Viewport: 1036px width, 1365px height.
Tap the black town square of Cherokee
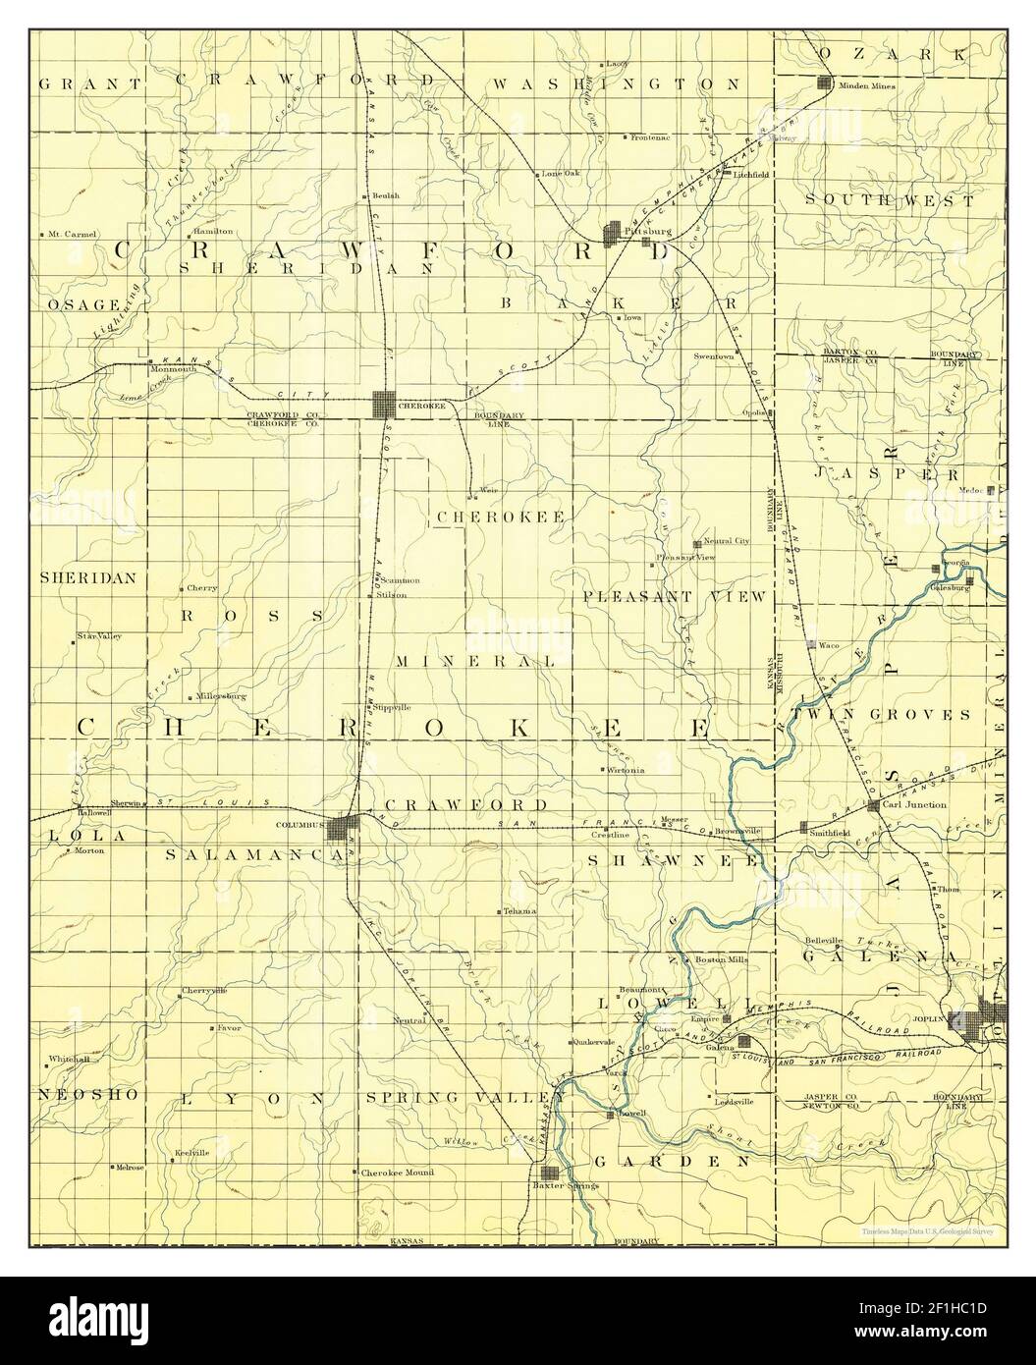pyautogui.click(x=384, y=404)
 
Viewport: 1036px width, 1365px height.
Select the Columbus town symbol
pyautogui.click(x=342, y=830)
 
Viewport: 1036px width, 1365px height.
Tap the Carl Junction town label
pyautogui.click(x=914, y=804)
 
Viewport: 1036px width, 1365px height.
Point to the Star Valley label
pyautogui.click(x=99, y=637)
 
